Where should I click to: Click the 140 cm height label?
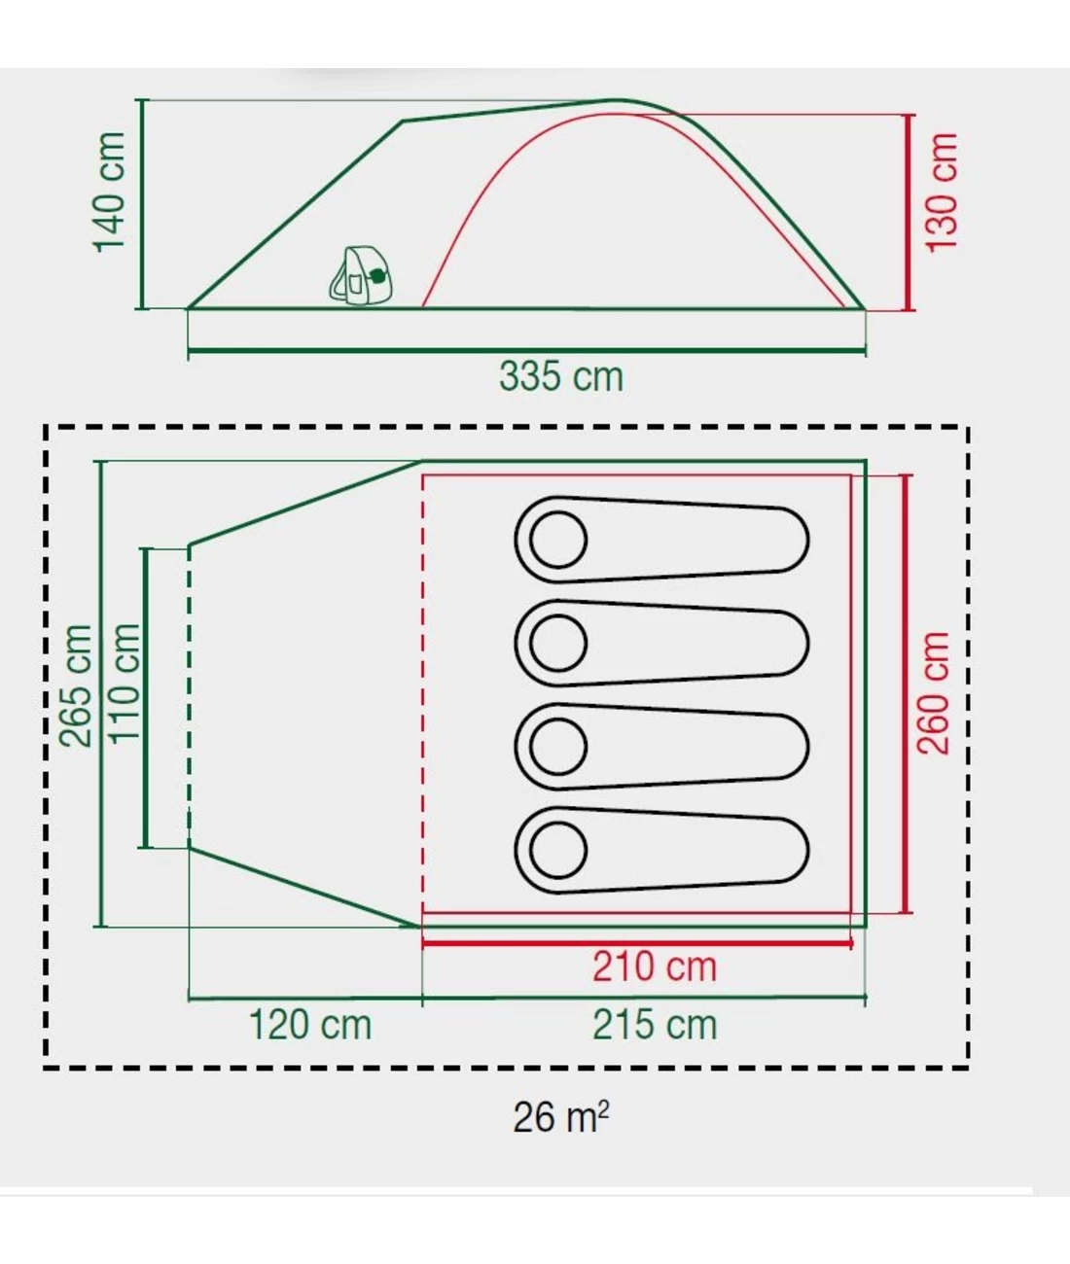point(110,192)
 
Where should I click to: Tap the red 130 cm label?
point(941,192)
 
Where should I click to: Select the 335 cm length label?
point(561,376)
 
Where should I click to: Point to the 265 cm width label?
point(75,685)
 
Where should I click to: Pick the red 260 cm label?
point(934,693)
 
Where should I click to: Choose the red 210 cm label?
point(654,966)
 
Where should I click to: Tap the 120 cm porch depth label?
point(310,1025)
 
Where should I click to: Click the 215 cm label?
point(655,1025)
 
